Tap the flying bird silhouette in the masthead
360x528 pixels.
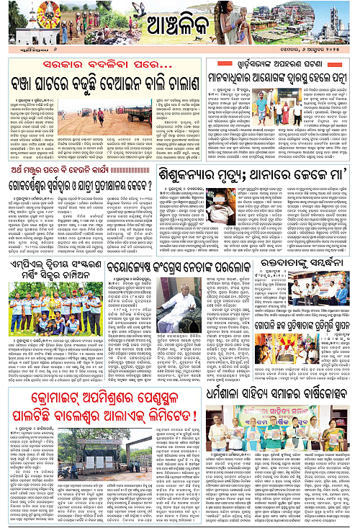(137, 10)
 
